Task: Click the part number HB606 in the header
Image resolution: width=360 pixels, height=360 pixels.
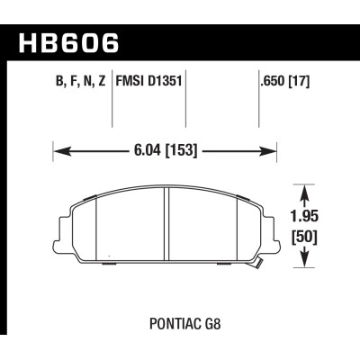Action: click(x=67, y=40)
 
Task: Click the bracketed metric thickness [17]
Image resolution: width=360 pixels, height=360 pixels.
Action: click(x=298, y=88)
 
